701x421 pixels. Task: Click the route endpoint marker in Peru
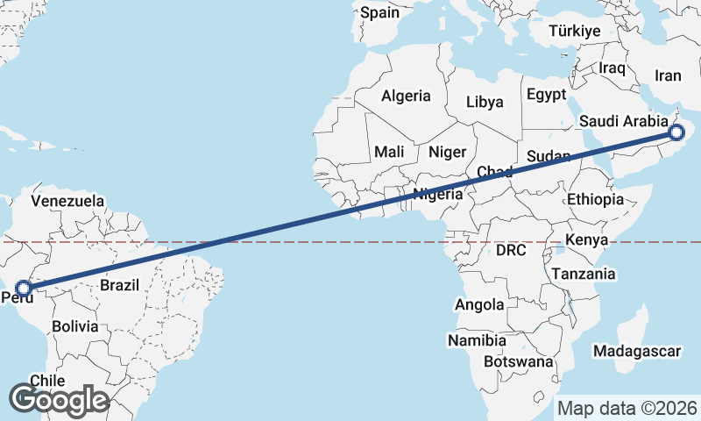[24, 288]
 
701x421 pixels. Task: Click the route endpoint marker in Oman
[676, 132]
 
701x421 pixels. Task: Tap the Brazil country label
[121, 285]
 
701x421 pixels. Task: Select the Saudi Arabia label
[619, 120]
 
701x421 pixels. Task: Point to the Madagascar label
[637, 352]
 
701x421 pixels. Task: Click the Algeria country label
[406, 96]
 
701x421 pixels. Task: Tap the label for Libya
[485, 102]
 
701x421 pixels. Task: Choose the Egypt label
[546, 94]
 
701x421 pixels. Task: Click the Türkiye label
[574, 32]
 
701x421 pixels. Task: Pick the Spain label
[379, 12]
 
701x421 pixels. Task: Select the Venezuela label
[67, 201]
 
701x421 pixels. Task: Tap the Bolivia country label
[74, 326]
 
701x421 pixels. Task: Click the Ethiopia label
[595, 200]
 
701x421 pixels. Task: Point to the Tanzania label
[583, 274]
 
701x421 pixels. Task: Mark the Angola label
[479, 304]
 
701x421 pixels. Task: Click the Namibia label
[477, 339]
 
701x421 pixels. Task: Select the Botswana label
[519, 361]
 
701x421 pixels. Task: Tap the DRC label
[511, 250]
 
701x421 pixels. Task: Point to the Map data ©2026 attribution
[627, 408]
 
